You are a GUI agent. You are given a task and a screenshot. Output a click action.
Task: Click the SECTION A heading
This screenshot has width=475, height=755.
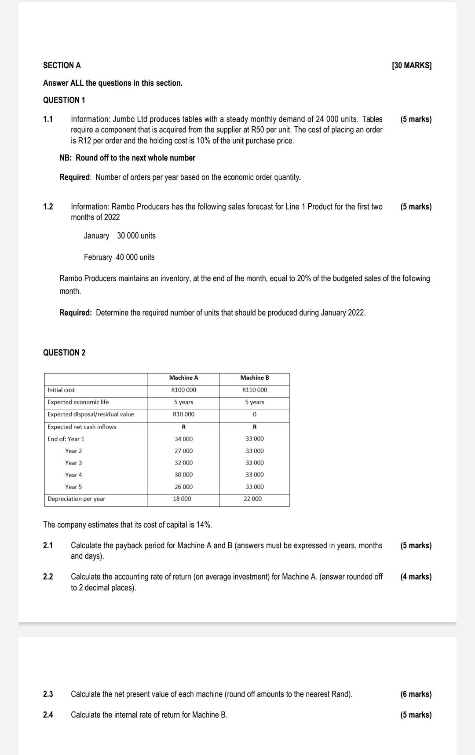[x=62, y=66]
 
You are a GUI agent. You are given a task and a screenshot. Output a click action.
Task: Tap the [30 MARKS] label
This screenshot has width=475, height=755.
[x=411, y=66]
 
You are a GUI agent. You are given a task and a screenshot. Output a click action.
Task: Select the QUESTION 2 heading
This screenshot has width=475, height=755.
[x=64, y=352]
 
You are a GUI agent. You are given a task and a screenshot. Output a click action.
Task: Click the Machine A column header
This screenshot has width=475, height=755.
[x=183, y=378]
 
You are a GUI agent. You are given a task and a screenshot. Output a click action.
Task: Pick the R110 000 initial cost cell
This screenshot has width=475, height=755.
[x=255, y=390]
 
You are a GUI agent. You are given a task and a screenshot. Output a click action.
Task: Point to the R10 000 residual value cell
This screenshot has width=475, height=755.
[x=183, y=414]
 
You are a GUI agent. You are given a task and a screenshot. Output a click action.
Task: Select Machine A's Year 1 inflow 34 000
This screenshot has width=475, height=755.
[x=183, y=439]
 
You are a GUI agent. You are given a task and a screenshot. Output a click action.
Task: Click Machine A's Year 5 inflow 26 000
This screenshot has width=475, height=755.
[x=183, y=487]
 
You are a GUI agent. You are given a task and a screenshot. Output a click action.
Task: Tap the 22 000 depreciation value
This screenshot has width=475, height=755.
[x=252, y=499]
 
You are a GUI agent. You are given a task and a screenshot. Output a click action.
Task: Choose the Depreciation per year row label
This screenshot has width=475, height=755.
[x=76, y=499]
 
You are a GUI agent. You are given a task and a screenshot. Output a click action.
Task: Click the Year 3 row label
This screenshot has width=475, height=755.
[x=73, y=463]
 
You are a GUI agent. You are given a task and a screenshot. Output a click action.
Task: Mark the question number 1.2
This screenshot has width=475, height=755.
[x=48, y=207]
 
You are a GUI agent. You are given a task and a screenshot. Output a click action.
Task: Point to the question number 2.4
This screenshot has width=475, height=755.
[x=48, y=715]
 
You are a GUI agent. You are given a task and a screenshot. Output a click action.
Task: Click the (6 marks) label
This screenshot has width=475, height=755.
[x=416, y=694]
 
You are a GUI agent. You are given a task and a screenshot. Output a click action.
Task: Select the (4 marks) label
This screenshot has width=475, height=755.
[x=416, y=577]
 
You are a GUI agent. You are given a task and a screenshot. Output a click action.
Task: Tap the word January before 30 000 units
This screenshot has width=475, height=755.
[x=96, y=236]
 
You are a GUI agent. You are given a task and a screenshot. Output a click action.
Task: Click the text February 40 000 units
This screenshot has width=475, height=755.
[x=119, y=257]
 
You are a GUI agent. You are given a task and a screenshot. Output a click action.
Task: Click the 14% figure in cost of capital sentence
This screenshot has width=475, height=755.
[x=204, y=525]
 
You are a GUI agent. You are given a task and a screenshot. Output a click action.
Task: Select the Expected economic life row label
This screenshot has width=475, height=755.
[x=78, y=402]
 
